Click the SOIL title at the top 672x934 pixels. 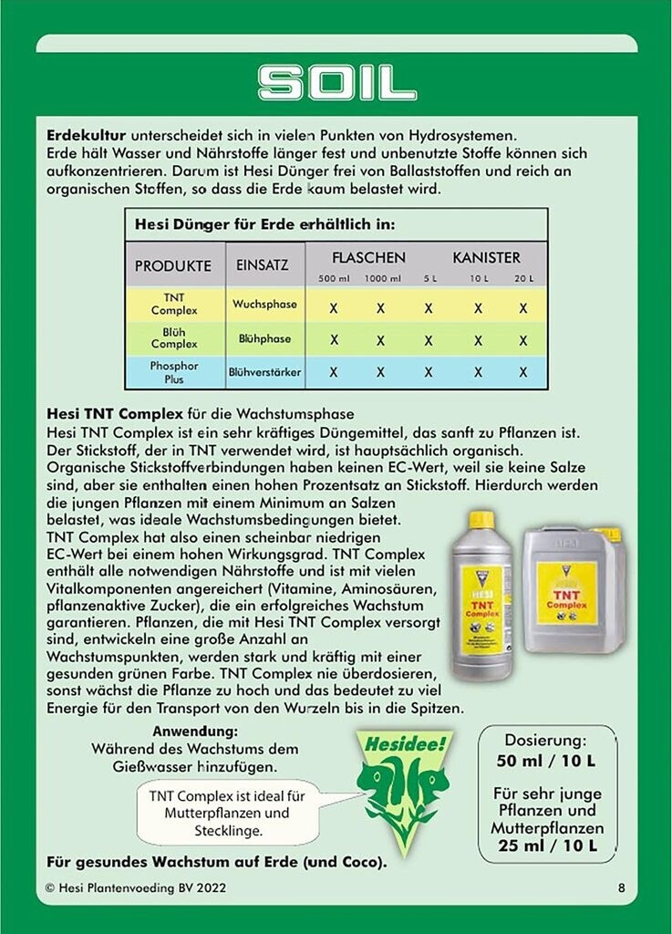point(336,83)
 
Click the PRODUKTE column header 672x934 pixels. point(173,265)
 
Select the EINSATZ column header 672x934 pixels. point(262,265)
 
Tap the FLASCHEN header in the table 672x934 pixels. point(368,257)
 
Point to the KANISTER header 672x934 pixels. point(486,257)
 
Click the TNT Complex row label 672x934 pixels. point(174,304)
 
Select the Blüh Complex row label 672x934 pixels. point(174,338)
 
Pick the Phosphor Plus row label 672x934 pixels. point(174,372)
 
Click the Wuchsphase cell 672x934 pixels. point(264,304)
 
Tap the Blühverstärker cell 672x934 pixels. point(264,372)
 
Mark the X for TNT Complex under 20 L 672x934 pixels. point(523,308)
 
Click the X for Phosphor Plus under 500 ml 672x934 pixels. point(334,372)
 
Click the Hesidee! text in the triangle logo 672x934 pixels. point(396,743)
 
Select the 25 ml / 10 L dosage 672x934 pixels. point(546,846)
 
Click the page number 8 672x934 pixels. point(621,887)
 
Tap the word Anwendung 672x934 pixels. point(195,732)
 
